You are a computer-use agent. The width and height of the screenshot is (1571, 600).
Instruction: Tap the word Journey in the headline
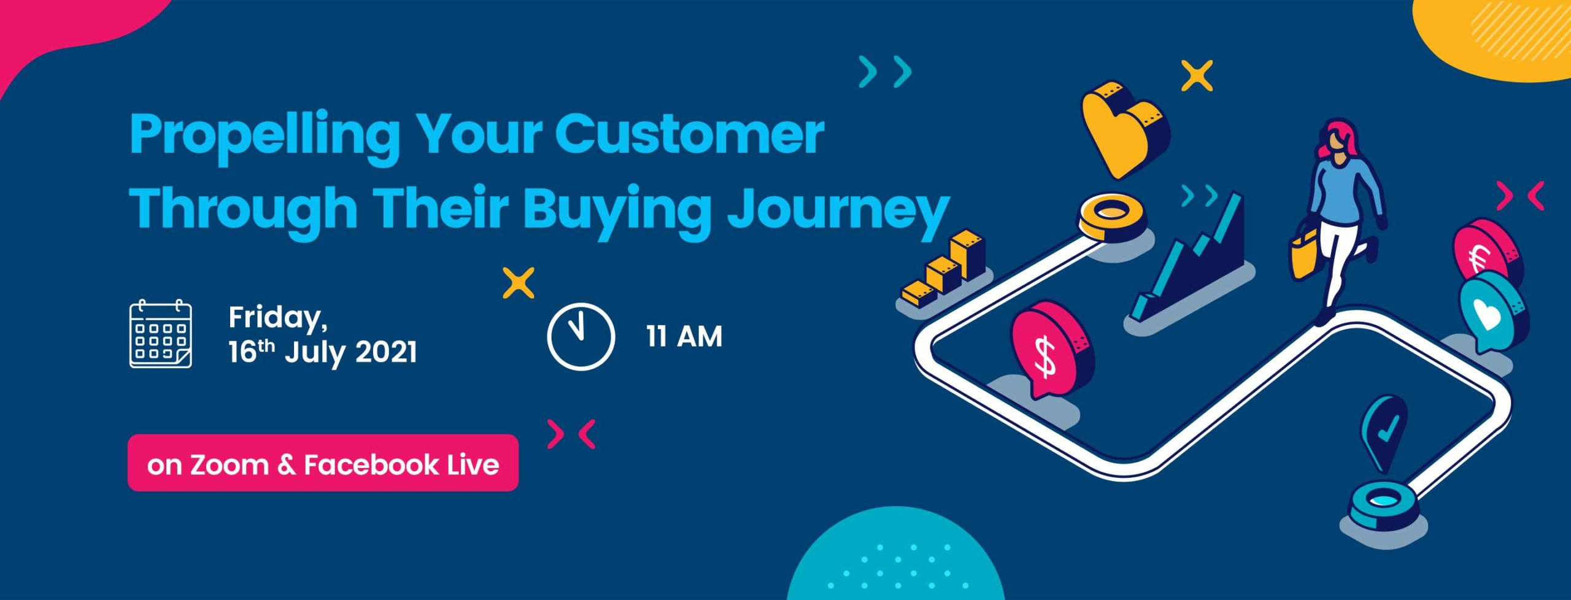[x=838, y=212]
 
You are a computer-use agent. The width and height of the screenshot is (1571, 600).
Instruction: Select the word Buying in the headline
[x=616, y=212]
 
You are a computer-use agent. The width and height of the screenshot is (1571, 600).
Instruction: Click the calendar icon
[x=161, y=334]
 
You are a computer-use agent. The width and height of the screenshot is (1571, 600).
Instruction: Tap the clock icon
[x=581, y=336]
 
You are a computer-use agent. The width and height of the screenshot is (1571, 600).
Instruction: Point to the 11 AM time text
[x=684, y=337]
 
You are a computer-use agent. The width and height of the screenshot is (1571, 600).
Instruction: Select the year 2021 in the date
[x=386, y=353]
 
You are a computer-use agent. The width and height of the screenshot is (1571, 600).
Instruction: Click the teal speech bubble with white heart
[x=1494, y=313]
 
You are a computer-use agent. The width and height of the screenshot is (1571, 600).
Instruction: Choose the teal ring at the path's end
[x=1383, y=506]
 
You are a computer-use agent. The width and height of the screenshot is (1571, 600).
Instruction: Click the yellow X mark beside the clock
[x=519, y=283]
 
